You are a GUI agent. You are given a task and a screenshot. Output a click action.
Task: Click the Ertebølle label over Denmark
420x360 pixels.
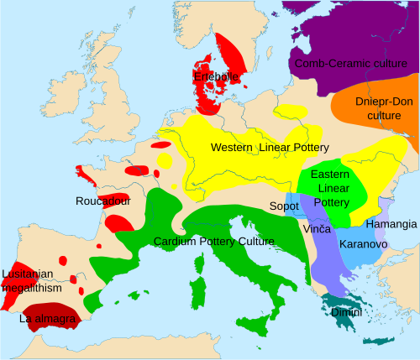point(217,77)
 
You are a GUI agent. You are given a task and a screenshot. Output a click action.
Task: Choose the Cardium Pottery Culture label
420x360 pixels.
point(214,242)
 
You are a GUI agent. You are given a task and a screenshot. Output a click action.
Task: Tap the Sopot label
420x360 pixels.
point(283,206)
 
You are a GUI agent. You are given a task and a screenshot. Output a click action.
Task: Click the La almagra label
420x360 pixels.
point(48,320)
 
